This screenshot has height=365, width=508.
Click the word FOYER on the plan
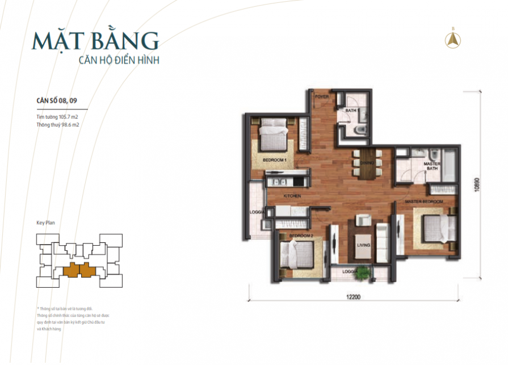[x=322, y=97]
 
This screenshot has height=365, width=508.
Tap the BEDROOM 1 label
[x=274, y=161]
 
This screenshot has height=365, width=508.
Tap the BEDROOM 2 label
[x=301, y=235]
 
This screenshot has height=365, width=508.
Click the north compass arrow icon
[x=454, y=39]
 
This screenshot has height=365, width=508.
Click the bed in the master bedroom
[x=436, y=229]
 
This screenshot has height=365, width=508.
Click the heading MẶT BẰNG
[x=95, y=41]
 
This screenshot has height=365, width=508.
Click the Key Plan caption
[x=45, y=223]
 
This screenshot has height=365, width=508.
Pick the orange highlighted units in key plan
[x=79, y=270]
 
